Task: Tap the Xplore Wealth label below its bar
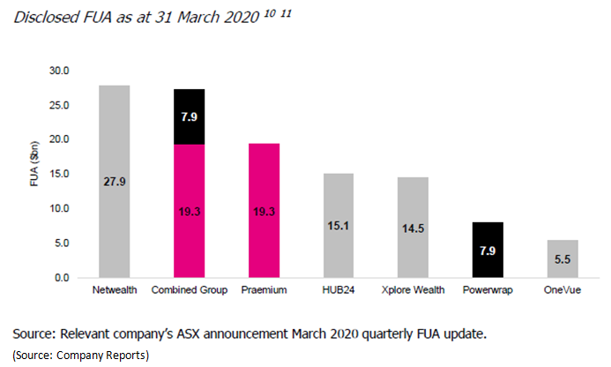[x=412, y=289]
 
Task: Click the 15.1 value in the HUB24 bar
[x=338, y=226]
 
